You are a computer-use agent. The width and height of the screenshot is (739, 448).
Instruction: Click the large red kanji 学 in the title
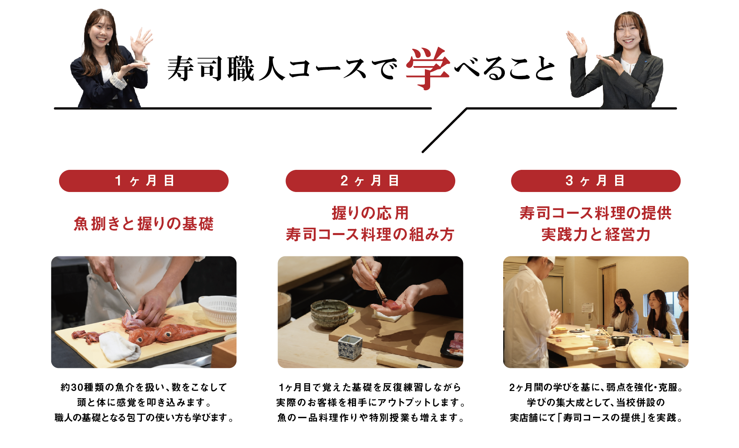428,68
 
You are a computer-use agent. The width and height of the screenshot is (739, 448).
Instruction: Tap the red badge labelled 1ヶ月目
144,181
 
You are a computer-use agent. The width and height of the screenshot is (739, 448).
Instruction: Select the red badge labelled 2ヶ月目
370,181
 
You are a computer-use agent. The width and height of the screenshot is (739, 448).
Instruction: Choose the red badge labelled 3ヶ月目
595,181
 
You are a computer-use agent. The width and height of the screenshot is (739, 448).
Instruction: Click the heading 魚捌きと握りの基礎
144,224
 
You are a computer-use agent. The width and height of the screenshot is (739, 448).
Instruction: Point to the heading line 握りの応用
370,213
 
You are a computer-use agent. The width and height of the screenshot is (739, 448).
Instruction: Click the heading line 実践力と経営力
596,235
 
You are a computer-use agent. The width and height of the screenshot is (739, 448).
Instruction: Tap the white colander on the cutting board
218,309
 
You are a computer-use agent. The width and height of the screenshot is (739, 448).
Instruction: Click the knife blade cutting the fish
125,297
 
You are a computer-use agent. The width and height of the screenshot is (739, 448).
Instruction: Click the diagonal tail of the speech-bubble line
445,130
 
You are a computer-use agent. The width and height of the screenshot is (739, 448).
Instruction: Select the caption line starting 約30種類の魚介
144,387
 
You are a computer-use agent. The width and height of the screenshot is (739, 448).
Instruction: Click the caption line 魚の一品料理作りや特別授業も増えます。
370,418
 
